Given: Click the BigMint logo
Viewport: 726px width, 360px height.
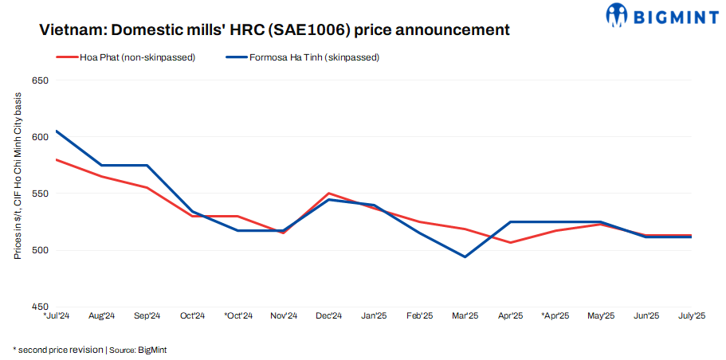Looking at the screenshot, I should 662,14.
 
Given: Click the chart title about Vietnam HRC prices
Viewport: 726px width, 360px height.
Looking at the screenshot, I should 275,30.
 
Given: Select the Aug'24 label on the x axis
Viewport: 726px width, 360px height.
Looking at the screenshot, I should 102,316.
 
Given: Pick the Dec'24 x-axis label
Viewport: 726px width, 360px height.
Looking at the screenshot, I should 329,316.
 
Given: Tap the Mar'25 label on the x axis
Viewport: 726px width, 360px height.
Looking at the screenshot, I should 465,316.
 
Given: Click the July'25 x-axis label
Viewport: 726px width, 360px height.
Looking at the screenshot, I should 691,316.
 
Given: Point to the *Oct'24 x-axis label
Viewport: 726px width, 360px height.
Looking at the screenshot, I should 237,316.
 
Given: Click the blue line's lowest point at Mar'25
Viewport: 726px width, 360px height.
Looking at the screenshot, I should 465,256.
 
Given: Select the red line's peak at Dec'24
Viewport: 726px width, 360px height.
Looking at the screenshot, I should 329,194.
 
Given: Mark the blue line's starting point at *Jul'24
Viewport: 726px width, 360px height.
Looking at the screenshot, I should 57,131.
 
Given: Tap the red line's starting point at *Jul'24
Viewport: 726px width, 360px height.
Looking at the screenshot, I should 57,159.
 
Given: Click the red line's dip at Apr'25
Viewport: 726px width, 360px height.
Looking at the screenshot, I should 510,242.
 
